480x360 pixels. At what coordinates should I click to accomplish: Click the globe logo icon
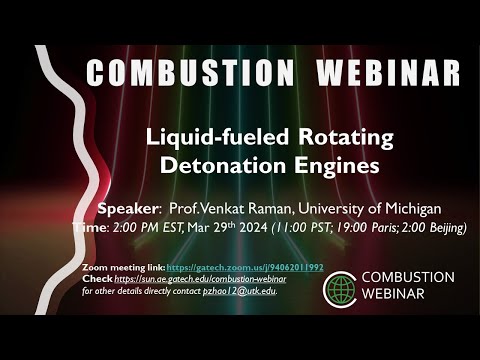340,288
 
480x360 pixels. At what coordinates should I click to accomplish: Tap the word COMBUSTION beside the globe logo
407,277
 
